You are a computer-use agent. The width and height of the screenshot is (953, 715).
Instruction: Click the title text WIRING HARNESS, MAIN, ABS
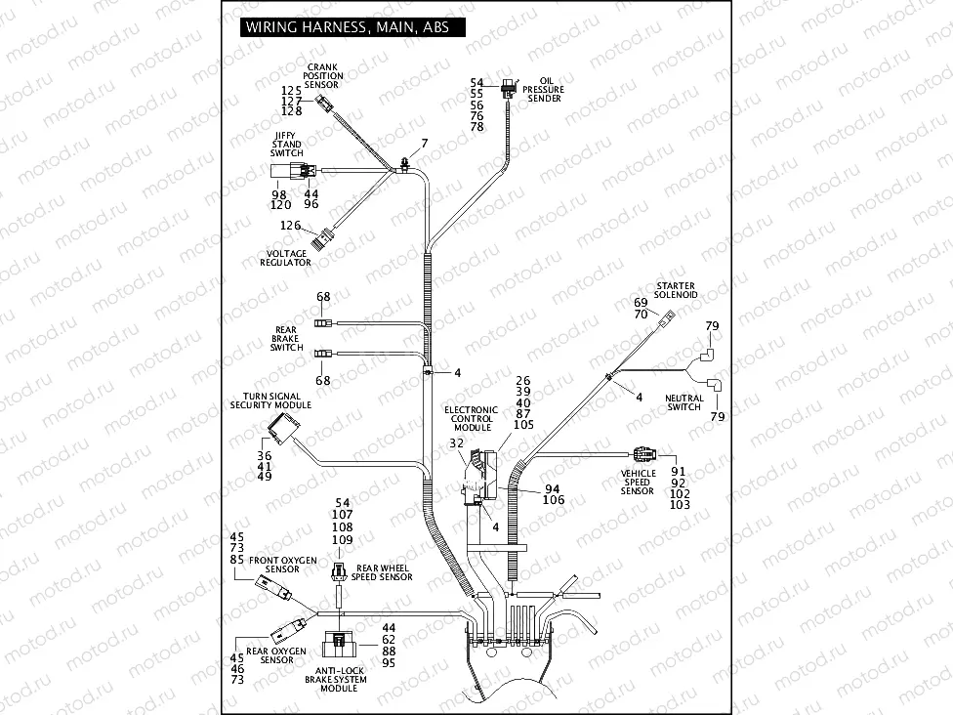click(347, 27)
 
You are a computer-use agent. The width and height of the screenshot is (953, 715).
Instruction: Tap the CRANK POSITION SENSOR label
click(322, 76)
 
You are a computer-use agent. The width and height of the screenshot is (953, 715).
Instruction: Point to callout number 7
click(425, 144)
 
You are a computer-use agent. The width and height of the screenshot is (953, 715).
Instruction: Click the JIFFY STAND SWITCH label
click(287, 145)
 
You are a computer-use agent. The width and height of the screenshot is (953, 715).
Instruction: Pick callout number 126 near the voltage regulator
click(290, 226)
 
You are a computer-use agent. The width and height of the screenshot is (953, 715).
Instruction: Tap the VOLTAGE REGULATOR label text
click(286, 258)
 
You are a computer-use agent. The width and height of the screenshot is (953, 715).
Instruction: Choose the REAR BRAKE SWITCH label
click(286, 339)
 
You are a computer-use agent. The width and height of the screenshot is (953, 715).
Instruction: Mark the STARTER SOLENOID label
click(676, 289)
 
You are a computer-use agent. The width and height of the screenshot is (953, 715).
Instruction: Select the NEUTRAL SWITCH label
click(684, 402)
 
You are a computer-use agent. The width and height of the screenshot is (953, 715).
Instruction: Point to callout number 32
click(456, 443)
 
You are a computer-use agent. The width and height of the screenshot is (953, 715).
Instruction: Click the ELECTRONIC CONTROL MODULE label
click(470, 419)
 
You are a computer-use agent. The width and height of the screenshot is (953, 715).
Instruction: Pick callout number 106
click(554, 500)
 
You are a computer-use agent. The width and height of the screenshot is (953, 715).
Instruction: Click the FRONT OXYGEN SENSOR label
click(282, 565)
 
